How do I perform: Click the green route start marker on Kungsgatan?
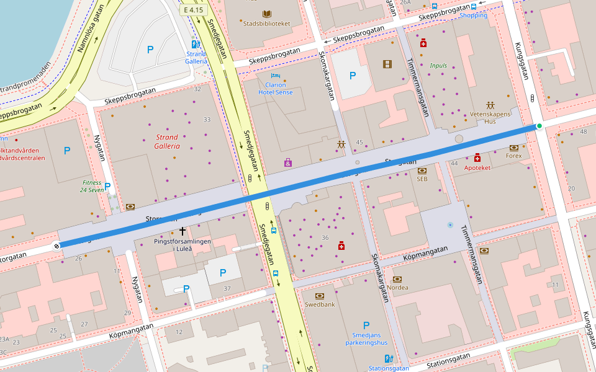tap(539, 126)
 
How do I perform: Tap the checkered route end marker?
tap(57, 246)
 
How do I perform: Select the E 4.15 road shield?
tap(193, 11)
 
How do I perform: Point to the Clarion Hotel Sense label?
tap(275, 88)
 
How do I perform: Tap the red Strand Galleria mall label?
tap(166, 141)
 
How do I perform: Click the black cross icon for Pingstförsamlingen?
tap(183, 230)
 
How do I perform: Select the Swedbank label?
tap(320, 304)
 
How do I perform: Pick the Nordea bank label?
tap(397, 287)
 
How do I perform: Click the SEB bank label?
tap(422, 179)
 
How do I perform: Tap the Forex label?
tap(514, 156)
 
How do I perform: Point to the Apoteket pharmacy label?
tap(477, 167)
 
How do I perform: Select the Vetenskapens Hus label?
tap(490, 118)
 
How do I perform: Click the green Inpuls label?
tap(438, 65)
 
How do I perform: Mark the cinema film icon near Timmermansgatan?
tap(388, 64)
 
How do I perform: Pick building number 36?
tap(325, 238)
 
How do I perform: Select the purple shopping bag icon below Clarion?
tap(288, 162)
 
